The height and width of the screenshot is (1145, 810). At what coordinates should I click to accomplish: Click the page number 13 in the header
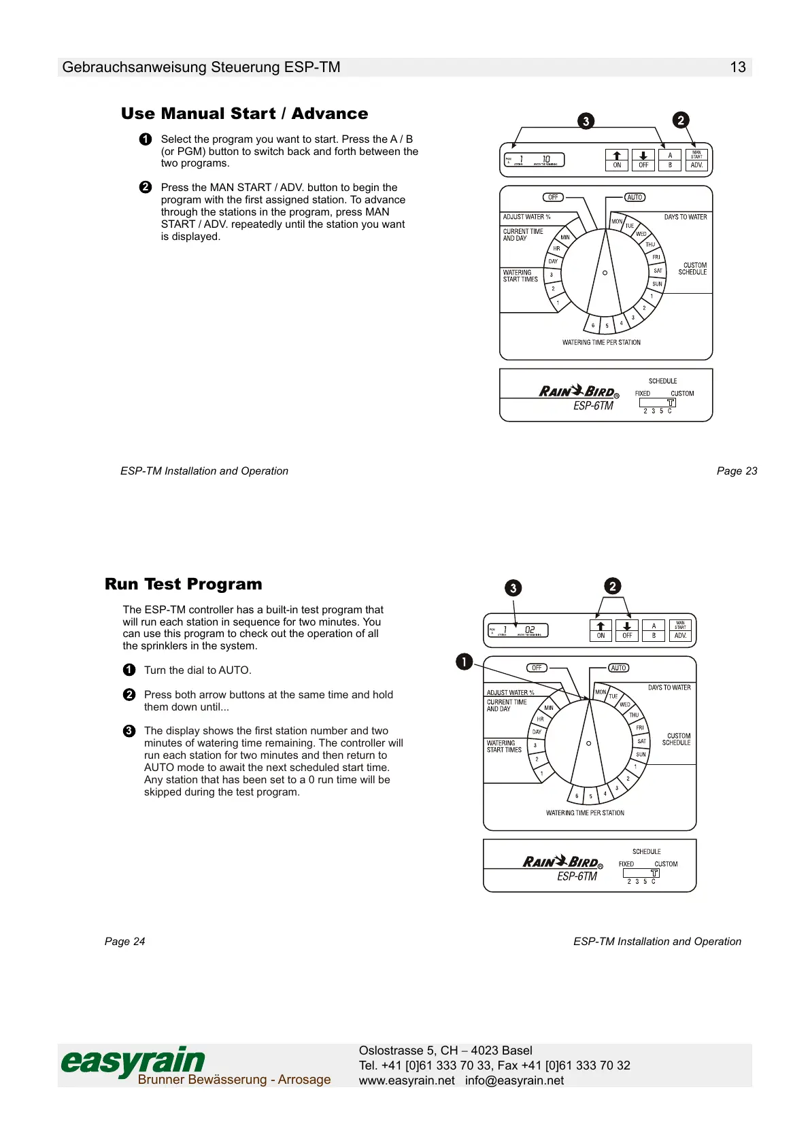[x=737, y=67]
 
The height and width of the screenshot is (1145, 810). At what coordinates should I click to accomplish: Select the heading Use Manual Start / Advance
[x=244, y=114]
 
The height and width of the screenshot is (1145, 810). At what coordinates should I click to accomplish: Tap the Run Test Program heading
[x=183, y=584]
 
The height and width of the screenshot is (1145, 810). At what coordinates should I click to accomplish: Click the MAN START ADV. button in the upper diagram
[x=696, y=160]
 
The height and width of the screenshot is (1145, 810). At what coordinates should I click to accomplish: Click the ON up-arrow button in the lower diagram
[x=601, y=630]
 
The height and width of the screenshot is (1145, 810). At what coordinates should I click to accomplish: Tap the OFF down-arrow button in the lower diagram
[x=627, y=630]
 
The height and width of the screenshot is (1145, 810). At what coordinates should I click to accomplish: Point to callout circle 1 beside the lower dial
[x=464, y=661]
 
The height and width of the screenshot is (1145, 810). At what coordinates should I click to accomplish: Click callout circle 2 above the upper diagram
[x=681, y=120]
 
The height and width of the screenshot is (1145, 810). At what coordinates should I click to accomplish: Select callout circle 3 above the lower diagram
[x=513, y=588]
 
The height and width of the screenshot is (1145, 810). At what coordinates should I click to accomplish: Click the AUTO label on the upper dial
[x=635, y=197]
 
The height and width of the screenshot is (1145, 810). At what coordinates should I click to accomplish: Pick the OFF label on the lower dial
[x=537, y=668]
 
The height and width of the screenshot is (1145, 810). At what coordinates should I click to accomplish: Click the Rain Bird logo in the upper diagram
[x=578, y=392]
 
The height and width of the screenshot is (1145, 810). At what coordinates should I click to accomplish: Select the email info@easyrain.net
[x=514, y=1080]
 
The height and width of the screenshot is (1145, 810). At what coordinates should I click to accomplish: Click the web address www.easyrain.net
[x=407, y=1080]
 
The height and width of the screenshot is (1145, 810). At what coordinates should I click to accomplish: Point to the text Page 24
[x=124, y=941]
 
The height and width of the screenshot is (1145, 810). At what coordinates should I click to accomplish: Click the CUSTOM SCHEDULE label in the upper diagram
[x=693, y=269]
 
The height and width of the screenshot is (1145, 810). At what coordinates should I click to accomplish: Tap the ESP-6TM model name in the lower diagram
[x=577, y=876]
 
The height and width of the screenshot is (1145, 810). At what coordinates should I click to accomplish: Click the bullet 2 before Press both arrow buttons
[x=129, y=694]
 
